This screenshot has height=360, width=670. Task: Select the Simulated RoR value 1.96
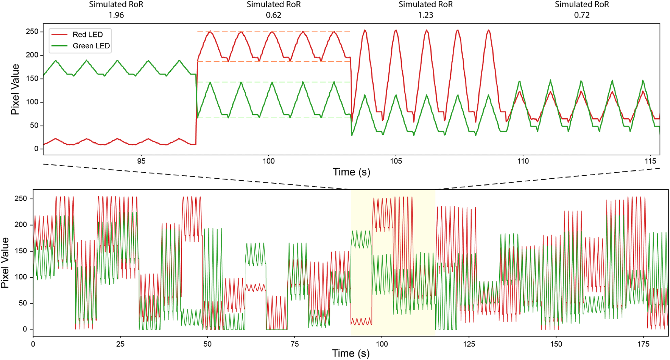pos(116,15)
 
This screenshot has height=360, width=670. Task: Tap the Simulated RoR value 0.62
pos(273,15)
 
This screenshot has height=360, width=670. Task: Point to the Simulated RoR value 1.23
pos(426,15)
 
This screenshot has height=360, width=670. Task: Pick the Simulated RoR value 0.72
pos(582,15)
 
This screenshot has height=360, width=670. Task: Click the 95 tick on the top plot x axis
pos(141,161)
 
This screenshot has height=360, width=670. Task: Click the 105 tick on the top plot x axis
pos(396,161)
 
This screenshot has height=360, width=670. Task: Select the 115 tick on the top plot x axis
pos(650,161)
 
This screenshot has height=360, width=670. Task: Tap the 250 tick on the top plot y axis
pos(32,32)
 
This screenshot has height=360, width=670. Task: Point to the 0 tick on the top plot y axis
pos(36,149)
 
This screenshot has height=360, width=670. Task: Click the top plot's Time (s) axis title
pos(351,172)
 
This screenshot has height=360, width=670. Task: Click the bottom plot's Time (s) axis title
pos(351,353)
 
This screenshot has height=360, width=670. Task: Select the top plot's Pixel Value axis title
pos(15,89)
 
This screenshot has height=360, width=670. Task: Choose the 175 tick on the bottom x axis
pos(644,344)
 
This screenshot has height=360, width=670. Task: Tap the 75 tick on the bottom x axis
pos(295,344)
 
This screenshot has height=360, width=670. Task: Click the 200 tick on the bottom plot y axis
pos(21,225)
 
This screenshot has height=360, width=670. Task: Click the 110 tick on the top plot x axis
pos(523,161)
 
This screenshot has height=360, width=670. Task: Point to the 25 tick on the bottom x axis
pos(120,344)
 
